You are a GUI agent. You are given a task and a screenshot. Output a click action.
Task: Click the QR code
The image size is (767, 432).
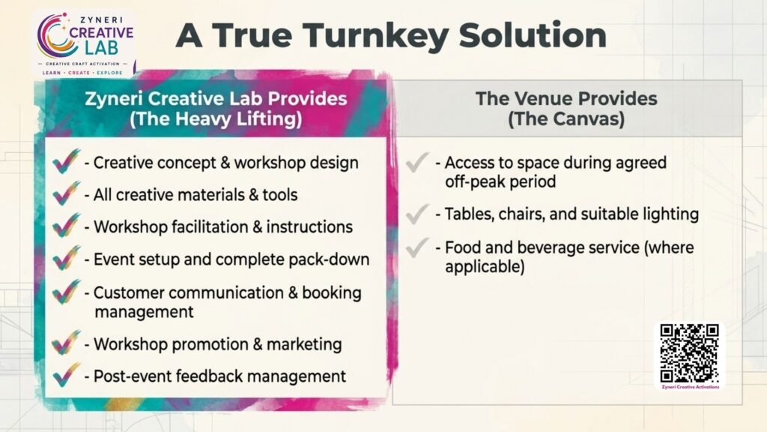pos(689,353)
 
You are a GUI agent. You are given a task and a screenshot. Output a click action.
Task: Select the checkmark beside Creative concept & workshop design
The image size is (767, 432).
pos(67,161)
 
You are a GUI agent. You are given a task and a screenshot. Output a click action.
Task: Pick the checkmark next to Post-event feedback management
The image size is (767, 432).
pos(67,375)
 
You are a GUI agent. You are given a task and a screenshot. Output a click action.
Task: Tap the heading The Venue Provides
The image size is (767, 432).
pos(566,98)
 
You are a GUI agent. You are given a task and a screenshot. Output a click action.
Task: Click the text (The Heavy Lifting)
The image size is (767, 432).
pos(216,119)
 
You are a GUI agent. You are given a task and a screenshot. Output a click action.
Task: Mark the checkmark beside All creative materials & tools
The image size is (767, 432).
pos(67,193)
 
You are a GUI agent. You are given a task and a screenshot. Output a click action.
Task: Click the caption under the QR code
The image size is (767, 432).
pos(690,387)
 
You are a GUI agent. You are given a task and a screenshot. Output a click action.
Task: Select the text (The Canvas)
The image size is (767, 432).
pos(566,119)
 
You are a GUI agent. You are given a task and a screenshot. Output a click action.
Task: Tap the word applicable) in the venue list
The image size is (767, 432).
pos(485,267)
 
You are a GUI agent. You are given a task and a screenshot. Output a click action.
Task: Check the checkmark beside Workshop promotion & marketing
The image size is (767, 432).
pos(67,342)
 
